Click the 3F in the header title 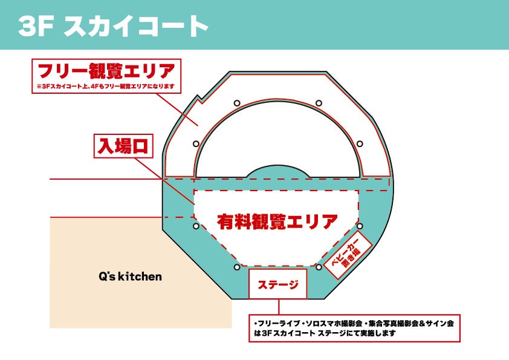36,25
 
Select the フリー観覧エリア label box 106,71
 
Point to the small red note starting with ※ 106,87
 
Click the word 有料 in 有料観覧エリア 233,221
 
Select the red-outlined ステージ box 278,284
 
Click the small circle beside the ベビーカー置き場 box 360,226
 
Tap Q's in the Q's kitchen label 107,277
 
